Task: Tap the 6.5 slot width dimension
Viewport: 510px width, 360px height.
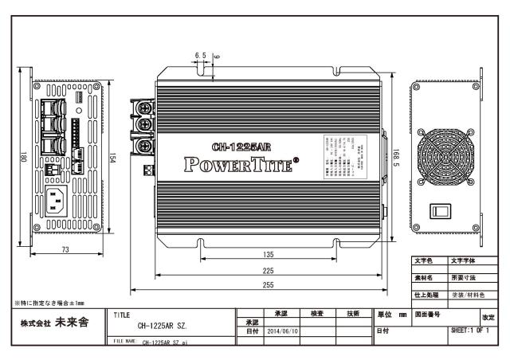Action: coord(200,56)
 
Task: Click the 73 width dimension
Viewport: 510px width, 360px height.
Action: coord(65,249)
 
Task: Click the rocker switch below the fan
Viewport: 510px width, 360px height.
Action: coord(441,211)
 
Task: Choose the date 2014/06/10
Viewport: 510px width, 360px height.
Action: coord(280,331)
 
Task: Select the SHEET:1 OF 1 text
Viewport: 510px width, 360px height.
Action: coord(473,331)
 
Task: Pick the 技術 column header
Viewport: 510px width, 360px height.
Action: coord(355,314)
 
